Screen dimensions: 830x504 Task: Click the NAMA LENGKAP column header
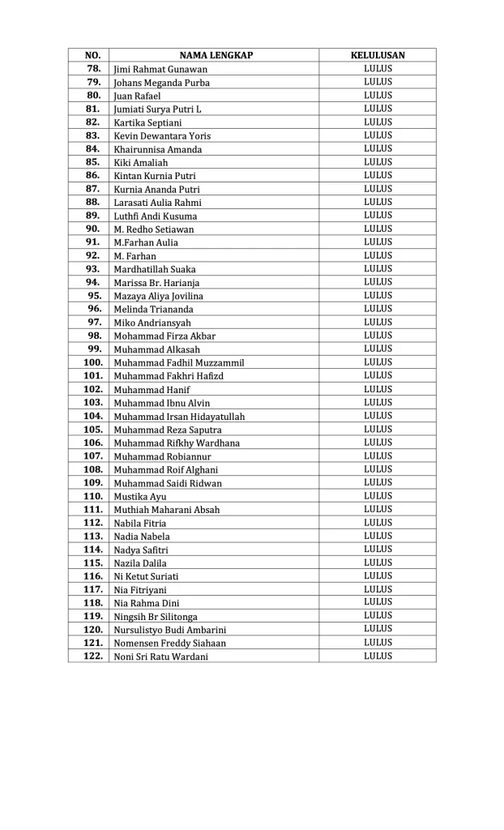tap(216, 55)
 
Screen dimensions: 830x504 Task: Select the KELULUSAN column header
tap(378, 55)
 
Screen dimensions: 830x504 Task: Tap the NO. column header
tap(92, 55)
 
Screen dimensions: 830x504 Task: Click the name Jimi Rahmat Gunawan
tap(160, 69)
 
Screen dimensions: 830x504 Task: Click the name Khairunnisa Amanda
tap(158, 149)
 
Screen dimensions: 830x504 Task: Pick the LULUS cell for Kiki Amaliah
tap(378, 162)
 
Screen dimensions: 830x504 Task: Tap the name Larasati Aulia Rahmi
tap(158, 203)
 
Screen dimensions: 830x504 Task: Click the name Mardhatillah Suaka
tap(155, 269)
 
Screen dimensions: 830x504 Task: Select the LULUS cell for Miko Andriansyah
tap(378, 322)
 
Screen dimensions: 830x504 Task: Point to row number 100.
tap(93, 362)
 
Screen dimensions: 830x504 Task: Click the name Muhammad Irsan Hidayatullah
tap(179, 416)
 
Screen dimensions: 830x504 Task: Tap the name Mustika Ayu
tap(140, 496)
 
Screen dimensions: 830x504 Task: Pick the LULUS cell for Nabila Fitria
tap(378, 523)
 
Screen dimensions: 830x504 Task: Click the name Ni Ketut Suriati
tap(147, 576)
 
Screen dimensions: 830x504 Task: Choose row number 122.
tap(93, 656)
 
